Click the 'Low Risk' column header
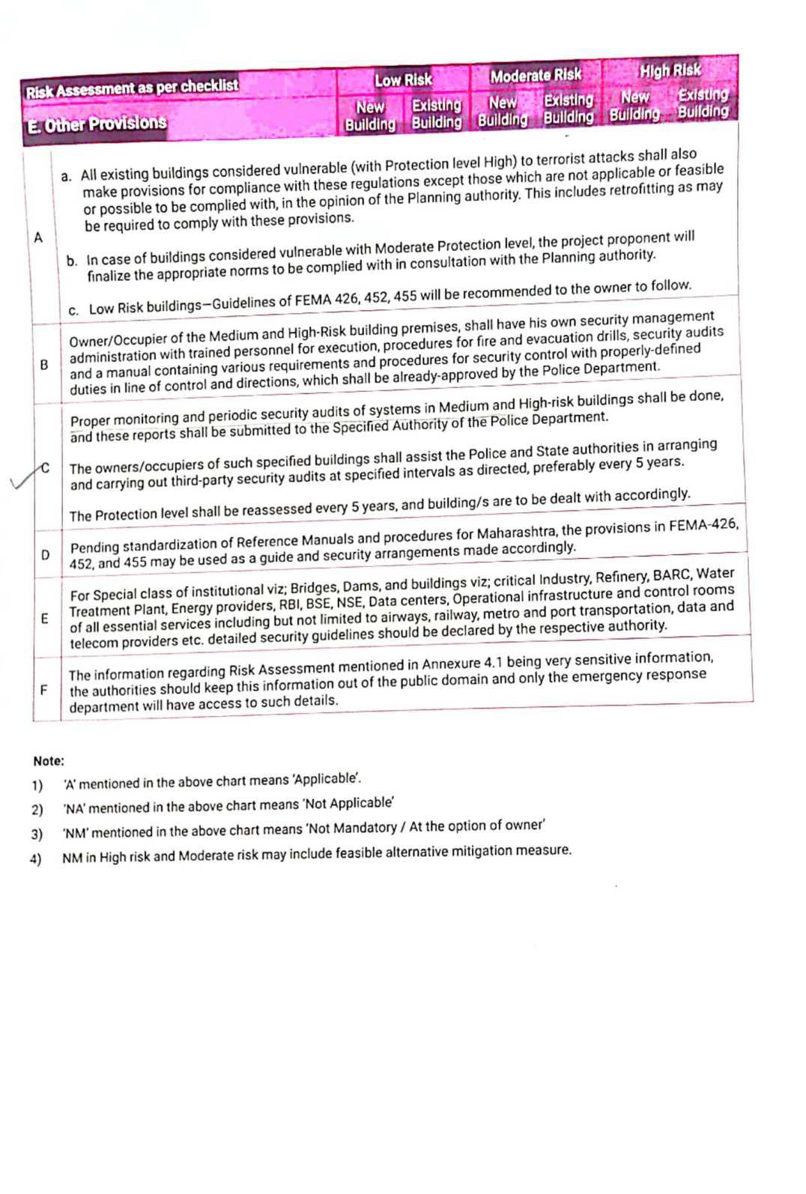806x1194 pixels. pyautogui.click(x=403, y=79)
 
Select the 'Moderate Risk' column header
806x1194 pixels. pyautogui.click(x=536, y=75)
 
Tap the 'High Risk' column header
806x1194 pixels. pyautogui.click(x=670, y=70)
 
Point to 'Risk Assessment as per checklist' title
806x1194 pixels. pyautogui.click(x=132, y=88)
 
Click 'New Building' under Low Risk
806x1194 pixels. pyautogui.click(x=370, y=116)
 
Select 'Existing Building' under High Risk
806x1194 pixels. pyautogui.click(x=703, y=103)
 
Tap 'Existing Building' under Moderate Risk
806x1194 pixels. pyautogui.click(x=569, y=109)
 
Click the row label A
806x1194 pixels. pyautogui.click(x=38, y=238)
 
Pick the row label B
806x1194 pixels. pyautogui.click(x=43, y=365)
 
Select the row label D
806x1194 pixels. pyautogui.click(x=45, y=555)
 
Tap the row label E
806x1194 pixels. pyautogui.click(x=44, y=619)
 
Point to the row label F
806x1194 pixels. pyautogui.click(x=43, y=689)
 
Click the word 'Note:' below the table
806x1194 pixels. pyautogui.click(x=49, y=761)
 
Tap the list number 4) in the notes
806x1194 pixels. pyautogui.click(x=35, y=859)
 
